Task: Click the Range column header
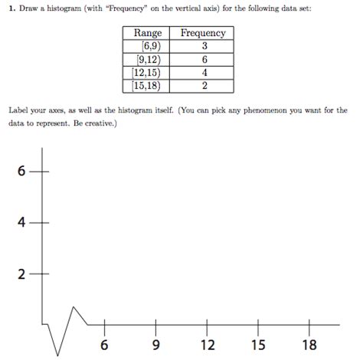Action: point(148,33)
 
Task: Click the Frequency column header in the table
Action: point(202,33)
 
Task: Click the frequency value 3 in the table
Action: point(203,46)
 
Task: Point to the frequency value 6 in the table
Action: point(203,60)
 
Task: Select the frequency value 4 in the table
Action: point(203,73)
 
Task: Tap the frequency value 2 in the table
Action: point(203,86)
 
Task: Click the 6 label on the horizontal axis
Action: point(105,345)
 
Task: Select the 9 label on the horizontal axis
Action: point(156,345)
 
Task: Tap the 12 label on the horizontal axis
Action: point(208,345)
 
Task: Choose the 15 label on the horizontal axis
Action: point(258,345)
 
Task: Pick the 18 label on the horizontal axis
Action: point(309,345)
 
